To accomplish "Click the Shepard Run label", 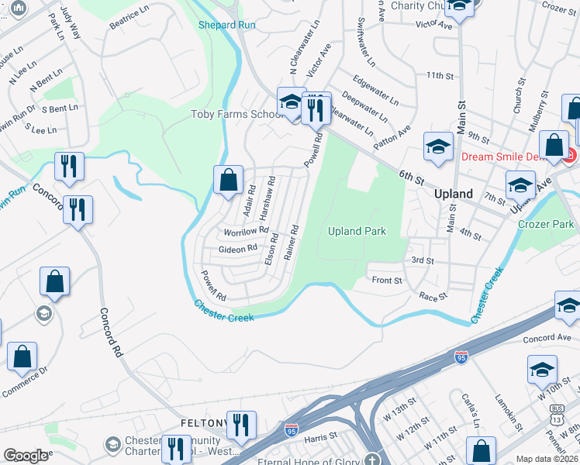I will [227, 25].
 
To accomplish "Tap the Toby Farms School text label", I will [236, 115].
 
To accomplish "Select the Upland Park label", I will [357, 231].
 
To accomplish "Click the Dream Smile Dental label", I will [510, 156].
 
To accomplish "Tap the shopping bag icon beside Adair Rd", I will [229, 181].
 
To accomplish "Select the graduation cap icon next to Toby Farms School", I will [291, 103].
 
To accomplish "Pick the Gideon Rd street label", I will [237, 249].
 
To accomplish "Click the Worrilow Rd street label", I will [245, 231].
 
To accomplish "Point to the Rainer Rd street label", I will [292, 243].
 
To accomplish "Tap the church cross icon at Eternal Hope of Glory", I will [373, 458].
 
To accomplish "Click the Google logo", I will [26, 456].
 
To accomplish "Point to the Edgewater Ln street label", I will [375, 91].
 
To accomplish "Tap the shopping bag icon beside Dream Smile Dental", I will [554, 145].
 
